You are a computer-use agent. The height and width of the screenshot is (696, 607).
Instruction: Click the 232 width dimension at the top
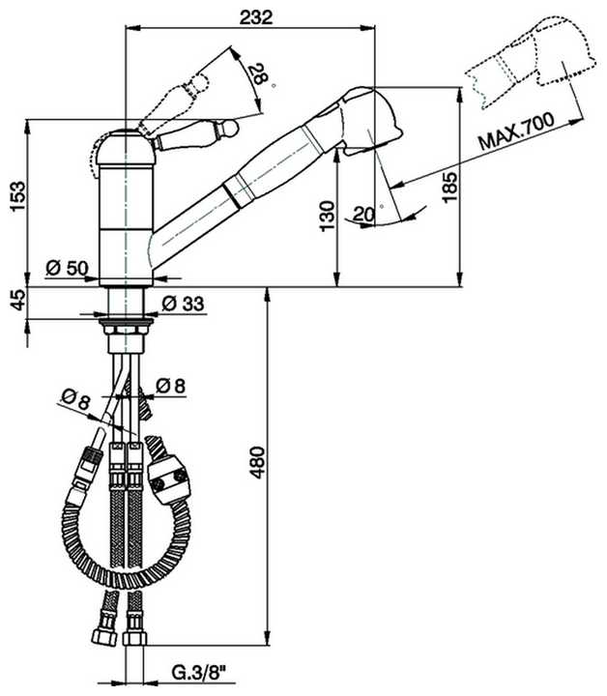point(256,16)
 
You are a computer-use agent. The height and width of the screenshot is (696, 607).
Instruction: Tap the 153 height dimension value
point(18,196)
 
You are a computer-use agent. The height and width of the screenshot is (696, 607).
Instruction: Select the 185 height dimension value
point(449,187)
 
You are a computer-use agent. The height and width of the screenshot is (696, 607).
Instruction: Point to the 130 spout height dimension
point(327,217)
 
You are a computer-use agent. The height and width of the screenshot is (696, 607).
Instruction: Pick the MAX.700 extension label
point(516,131)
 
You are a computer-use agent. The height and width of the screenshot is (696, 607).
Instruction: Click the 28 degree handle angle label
point(259,73)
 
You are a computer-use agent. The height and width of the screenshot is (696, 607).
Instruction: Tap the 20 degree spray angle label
point(364,214)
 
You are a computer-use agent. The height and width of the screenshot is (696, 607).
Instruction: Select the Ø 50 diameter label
point(67,268)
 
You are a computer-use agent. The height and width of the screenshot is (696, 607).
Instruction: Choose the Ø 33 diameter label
point(183,304)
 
